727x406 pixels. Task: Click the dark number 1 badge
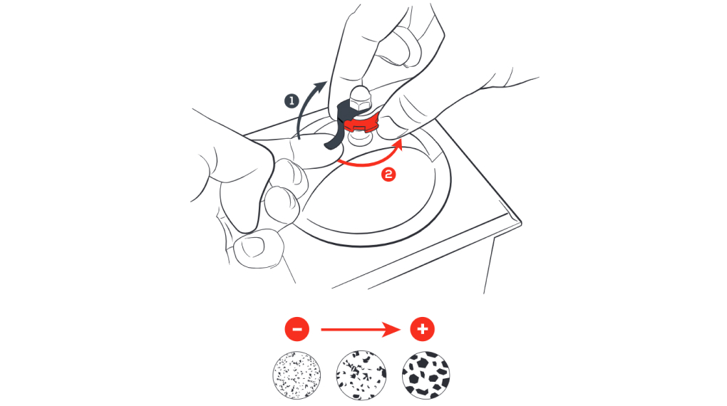click(x=292, y=100)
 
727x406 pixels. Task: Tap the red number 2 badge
click(x=388, y=175)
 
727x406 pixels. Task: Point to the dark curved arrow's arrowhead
click(x=321, y=86)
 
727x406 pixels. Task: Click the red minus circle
click(x=297, y=329)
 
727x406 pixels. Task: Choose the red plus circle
click(x=423, y=329)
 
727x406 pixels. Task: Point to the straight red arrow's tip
click(x=400, y=330)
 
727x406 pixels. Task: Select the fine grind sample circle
click(x=297, y=375)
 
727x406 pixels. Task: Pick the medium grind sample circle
click(x=361, y=375)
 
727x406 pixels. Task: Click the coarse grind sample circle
click(x=426, y=375)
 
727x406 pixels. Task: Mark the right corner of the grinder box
click(x=521, y=224)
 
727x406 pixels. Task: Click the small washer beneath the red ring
click(x=360, y=137)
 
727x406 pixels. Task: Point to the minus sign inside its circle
click(x=297, y=329)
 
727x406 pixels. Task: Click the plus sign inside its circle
click(x=423, y=329)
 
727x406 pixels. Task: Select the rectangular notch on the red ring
click(x=360, y=125)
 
